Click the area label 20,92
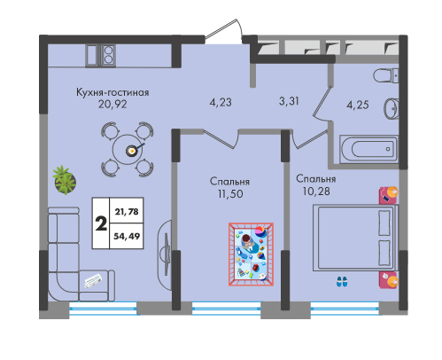112,104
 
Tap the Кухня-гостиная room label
112,92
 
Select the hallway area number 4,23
221,103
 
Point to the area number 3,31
289,101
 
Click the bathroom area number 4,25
358,105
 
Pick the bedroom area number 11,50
230,194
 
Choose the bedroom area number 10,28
316,192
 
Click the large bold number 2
101,223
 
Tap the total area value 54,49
127,236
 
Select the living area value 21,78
127,212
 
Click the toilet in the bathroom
386,75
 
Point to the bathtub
368,149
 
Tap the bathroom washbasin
392,108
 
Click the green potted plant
65,180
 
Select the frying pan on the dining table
134,150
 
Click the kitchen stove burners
108,55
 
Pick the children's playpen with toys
251,254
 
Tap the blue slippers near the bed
342,281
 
